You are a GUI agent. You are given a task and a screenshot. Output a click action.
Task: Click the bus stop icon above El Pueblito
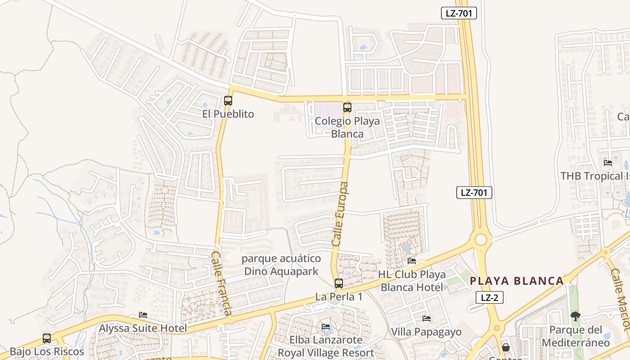[x=228, y=101]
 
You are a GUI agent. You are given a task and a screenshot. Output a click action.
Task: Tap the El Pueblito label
[x=228, y=114]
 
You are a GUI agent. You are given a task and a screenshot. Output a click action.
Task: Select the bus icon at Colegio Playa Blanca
[x=347, y=108]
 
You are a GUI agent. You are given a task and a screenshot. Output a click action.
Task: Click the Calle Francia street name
[x=222, y=283]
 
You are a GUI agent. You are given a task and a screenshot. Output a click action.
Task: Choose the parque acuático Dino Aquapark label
[x=281, y=265]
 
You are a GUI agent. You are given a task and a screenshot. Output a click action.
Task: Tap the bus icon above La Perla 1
[x=339, y=283]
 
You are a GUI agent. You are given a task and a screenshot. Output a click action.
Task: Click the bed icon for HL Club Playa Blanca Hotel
[x=411, y=261]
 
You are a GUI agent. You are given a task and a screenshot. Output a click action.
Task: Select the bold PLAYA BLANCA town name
[x=517, y=281]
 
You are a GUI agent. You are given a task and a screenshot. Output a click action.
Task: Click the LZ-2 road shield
[x=490, y=297]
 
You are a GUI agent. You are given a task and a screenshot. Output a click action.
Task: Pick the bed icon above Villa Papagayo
[x=426, y=319]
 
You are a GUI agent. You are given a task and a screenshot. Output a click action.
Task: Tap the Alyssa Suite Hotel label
[x=143, y=328]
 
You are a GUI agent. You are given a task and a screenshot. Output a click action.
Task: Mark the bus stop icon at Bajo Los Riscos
[x=47, y=338]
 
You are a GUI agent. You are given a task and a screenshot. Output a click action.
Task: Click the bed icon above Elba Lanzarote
[x=326, y=327]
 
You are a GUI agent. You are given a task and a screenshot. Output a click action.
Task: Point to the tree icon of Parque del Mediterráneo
[x=575, y=316]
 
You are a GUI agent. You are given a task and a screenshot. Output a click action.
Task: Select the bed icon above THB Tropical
[x=608, y=163]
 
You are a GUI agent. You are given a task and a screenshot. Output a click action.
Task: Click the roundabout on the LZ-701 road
[x=481, y=239]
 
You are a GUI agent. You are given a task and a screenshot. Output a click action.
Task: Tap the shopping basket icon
[x=506, y=347]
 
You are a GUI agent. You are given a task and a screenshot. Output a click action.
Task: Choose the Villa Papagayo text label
[x=426, y=332]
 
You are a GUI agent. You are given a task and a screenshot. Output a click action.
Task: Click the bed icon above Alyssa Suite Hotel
[x=143, y=315]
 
